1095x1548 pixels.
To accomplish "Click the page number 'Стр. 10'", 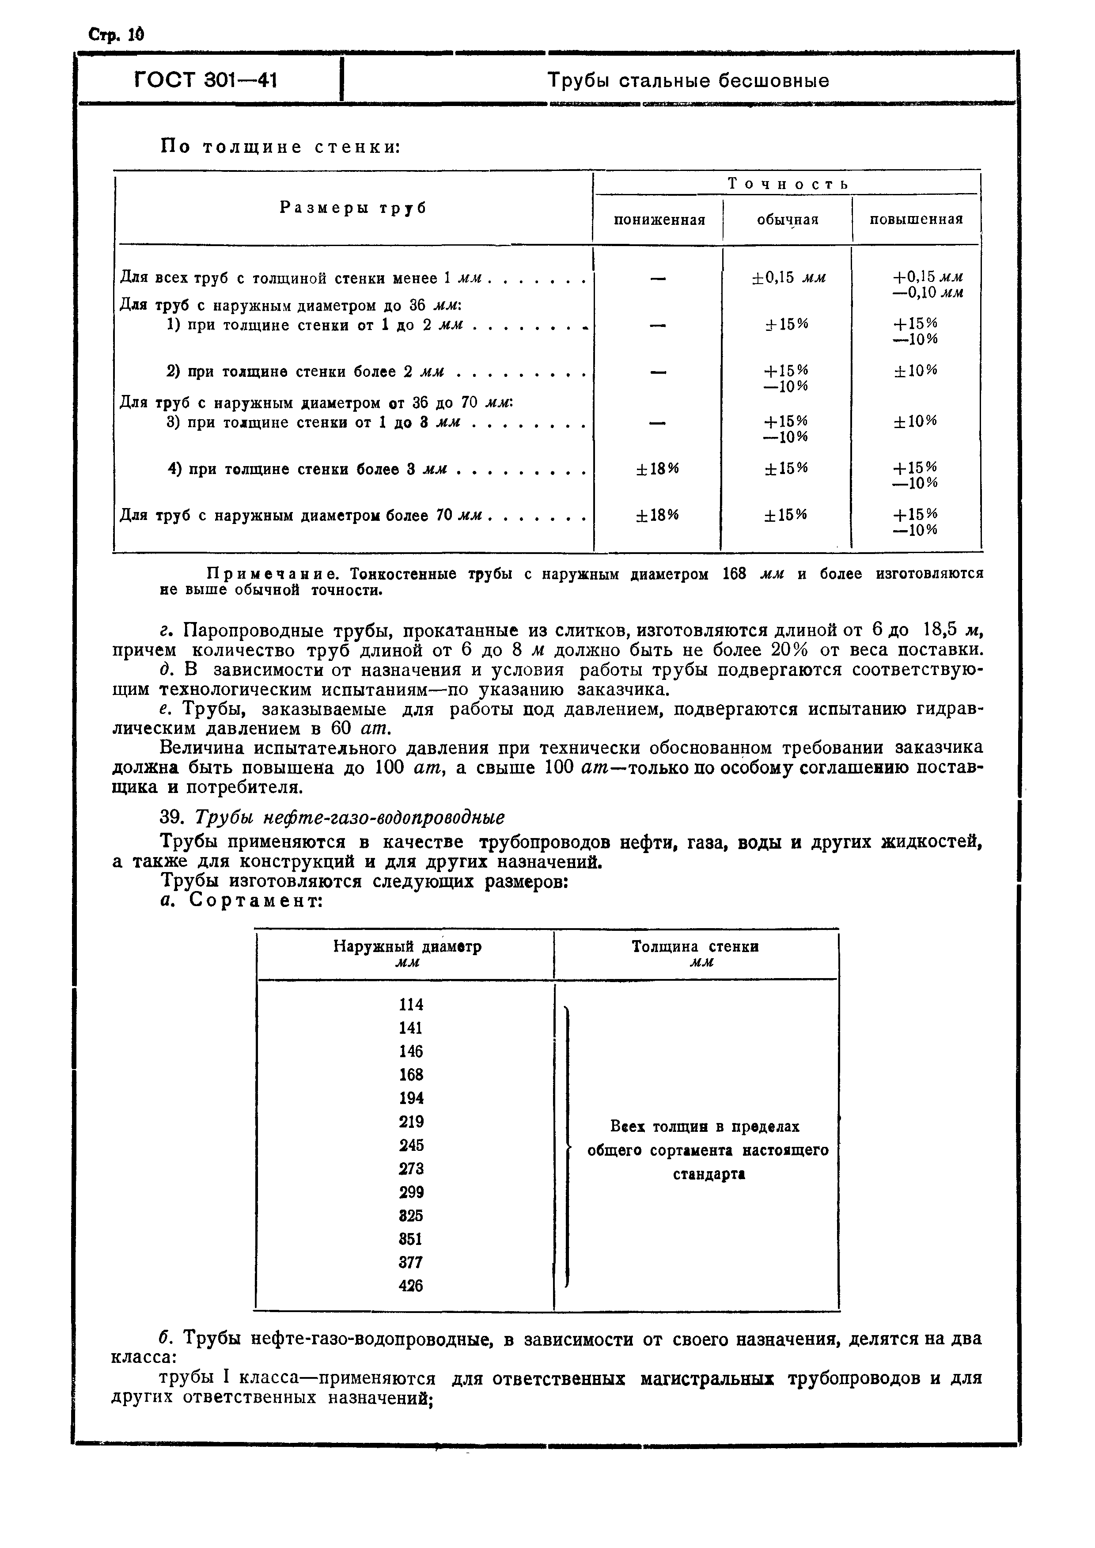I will [x=117, y=34].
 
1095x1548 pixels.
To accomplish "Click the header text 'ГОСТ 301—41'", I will [x=206, y=81].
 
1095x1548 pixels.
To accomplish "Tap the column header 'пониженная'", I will [x=659, y=220].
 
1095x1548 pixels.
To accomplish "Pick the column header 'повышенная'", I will [x=916, y=220].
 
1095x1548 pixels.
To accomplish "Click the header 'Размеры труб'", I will [x=353, y=209].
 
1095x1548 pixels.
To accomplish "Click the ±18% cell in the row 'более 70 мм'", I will [x=657, y=515].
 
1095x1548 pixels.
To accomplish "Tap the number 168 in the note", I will [x=734, y=574].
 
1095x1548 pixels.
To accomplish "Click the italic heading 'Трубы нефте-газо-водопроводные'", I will [x=349, y=818].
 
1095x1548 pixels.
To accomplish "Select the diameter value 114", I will [x=411, y=1005].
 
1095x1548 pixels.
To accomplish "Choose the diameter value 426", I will [x=411, y=1286].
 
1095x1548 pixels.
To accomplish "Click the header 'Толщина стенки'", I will [x=695, y=947].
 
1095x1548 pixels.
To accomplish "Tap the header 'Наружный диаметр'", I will [x=407, y=947].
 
